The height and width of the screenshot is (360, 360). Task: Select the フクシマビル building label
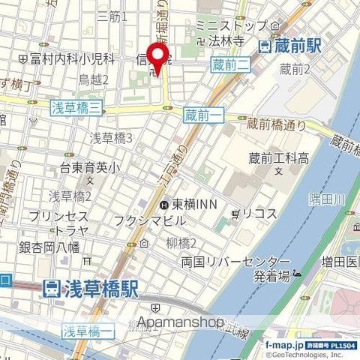click(149, 220)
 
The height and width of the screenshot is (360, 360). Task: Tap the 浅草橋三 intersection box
click(76, 109)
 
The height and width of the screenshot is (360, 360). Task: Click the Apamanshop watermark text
click(179, 324)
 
